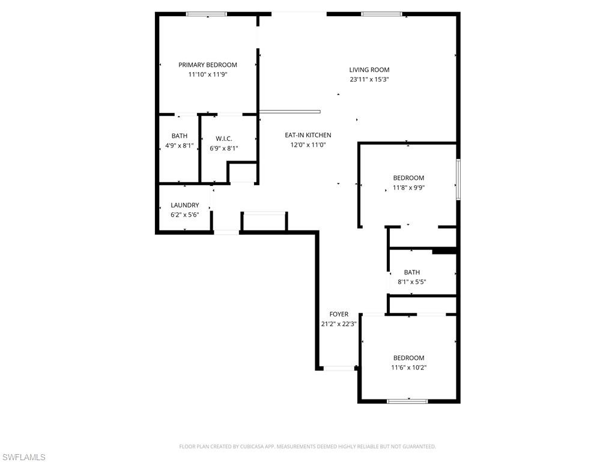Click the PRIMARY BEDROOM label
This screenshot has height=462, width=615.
click(x=207, y=65)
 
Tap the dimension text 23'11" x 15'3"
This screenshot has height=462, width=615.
click(x=369, y=79)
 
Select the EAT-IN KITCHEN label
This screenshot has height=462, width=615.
click(x=307, y=135)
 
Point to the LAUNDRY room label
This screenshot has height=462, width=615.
click(x=184, y=205)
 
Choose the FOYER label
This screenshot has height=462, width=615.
click(x=339, y=314)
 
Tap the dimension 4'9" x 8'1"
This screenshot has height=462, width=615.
click(x=179, y=146)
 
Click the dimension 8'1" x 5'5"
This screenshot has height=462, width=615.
click(x=411, y=282)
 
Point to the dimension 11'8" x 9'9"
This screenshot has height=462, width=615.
click(x=408, y=188)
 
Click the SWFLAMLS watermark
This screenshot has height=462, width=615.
click(x=23, y=457)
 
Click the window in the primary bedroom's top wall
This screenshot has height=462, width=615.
click(x=206, y=14)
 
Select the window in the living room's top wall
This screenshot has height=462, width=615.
click(x=381, y=14)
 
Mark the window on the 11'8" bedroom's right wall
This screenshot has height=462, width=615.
click(x=458, y=179)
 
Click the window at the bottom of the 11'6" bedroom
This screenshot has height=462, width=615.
click(x=407, y=401)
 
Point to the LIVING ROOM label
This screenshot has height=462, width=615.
click(x=369, y=70)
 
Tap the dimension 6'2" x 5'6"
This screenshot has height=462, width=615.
click(x=184, y=215)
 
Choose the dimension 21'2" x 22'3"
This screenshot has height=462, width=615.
click(x=339, y=324)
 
